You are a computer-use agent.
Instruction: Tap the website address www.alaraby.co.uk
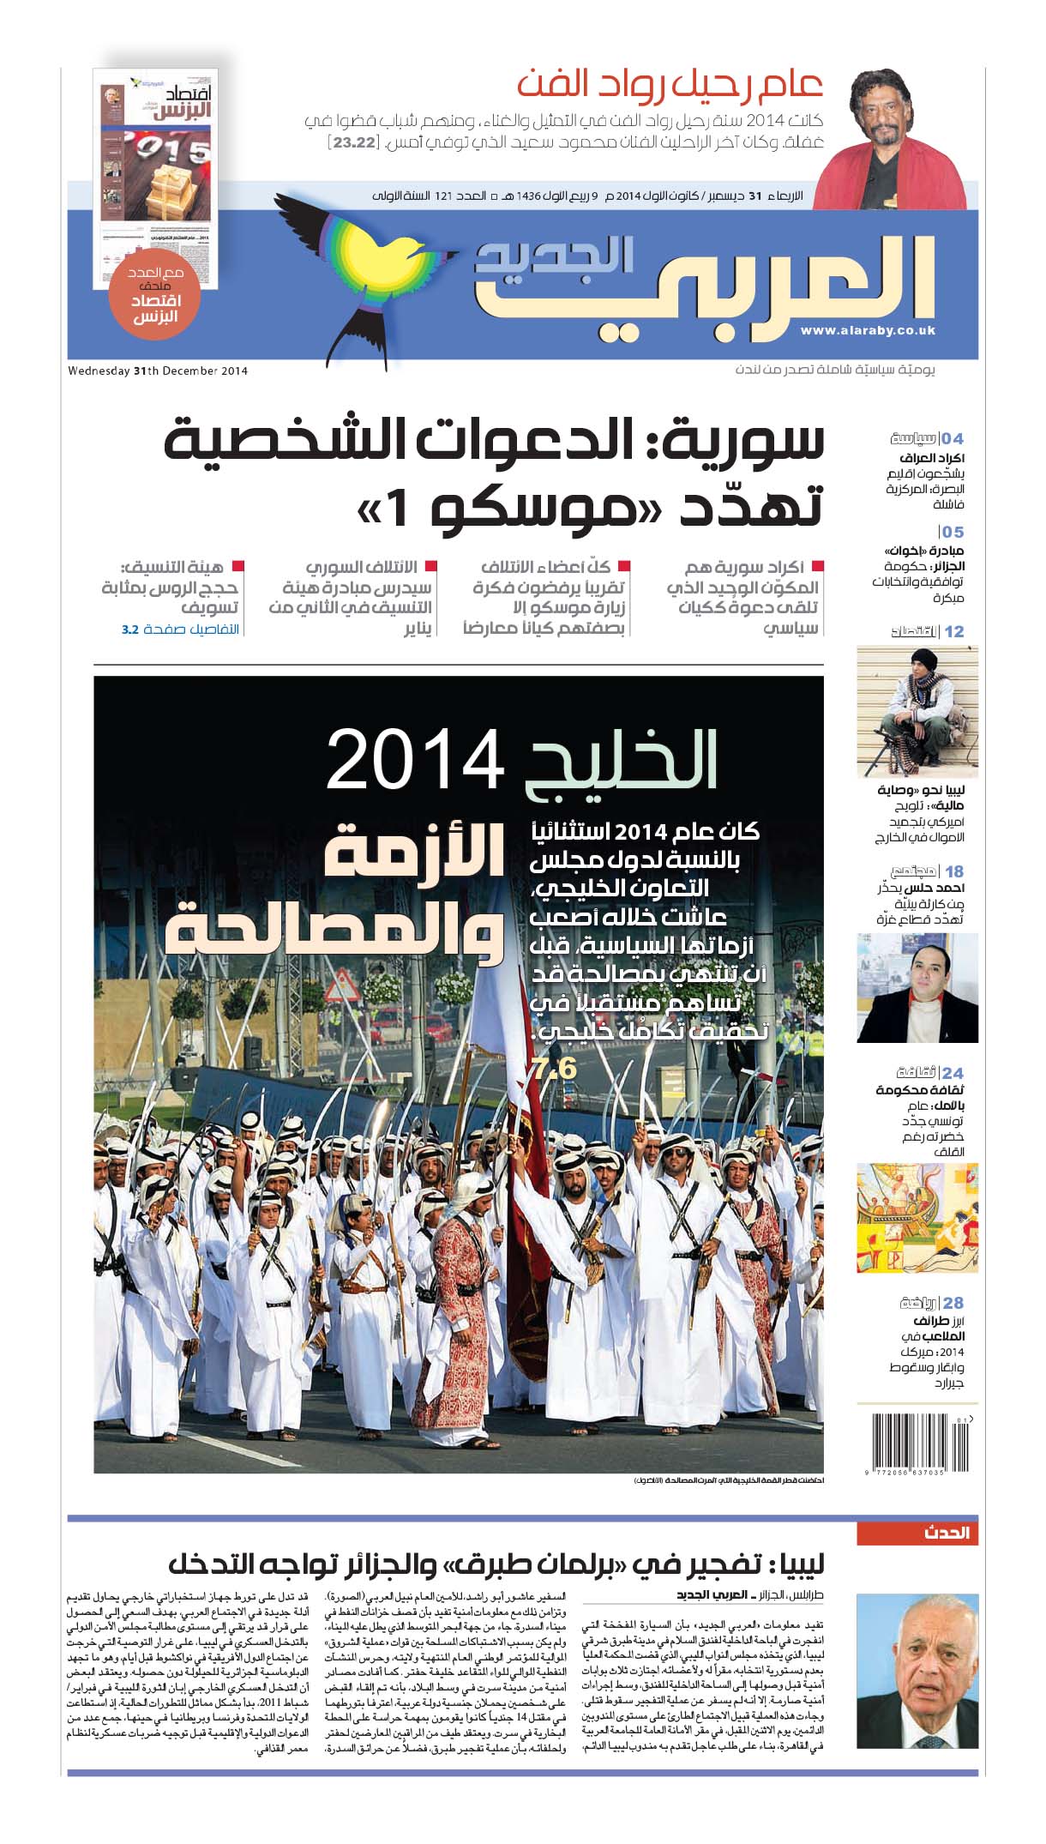click(x=867, y=330)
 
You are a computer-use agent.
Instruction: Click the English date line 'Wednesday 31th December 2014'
click(x=158, y=371)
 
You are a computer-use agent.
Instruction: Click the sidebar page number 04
click(x=953, y=439)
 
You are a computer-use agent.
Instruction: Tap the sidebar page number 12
click(x=953, y=631)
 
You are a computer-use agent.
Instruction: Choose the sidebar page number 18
click(x=953, y=871)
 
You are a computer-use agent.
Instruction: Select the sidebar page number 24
click(x=953, y=1073)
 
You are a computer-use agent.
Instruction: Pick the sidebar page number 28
click(x=953, y=1303)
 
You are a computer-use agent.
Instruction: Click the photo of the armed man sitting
click(x=917, y=712)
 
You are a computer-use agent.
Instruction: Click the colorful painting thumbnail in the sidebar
click(x=917, y=1218)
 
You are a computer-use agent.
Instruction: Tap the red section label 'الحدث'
click(x=947, y=1533)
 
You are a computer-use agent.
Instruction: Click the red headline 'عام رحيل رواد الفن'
click(x=670, y=85)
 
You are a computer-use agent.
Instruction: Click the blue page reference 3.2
click(x=129, y=629)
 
